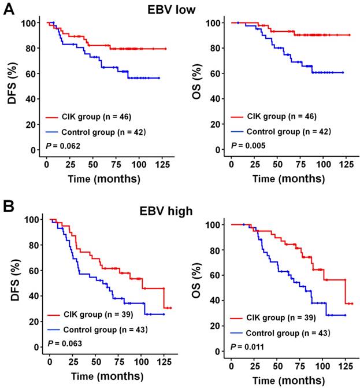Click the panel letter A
8,10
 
